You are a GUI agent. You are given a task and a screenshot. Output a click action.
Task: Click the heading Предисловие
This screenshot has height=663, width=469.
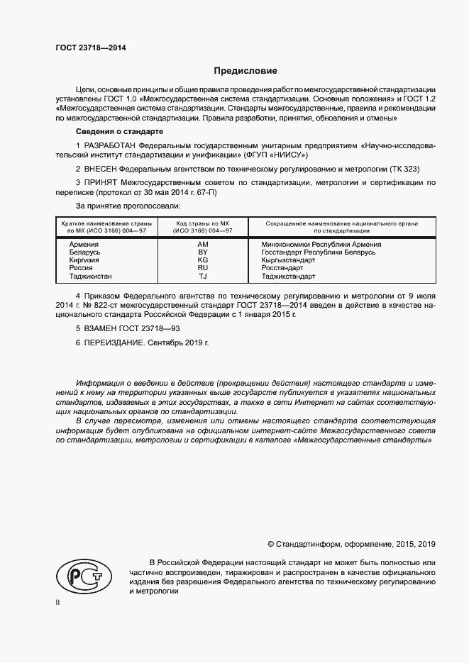pos(246,71)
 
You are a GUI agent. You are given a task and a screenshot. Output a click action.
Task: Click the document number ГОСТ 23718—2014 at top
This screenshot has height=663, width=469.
pos(86,48)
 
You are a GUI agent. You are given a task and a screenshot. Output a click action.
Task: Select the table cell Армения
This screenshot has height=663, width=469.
pos(84,244)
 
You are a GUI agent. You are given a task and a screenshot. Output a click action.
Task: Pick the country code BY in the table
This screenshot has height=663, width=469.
pos(202,252)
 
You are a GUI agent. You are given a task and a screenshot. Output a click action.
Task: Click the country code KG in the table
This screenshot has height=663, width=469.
pos(202,260)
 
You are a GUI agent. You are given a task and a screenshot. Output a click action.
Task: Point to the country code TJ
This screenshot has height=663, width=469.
pos(202,277)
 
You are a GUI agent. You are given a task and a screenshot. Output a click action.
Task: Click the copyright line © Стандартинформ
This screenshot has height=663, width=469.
pos(351,544)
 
